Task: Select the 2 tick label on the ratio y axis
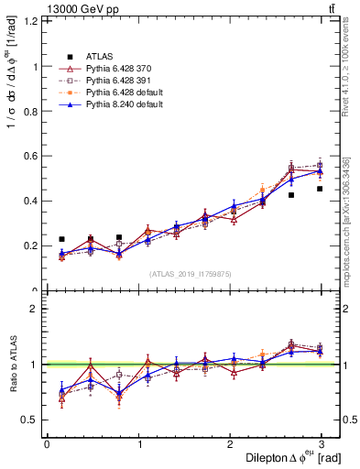pos(36,309)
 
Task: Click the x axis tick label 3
pos(322,444)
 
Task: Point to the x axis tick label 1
pos(138,444)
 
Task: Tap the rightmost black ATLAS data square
pos(320,189)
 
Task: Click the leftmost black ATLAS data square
pos(61,239)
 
